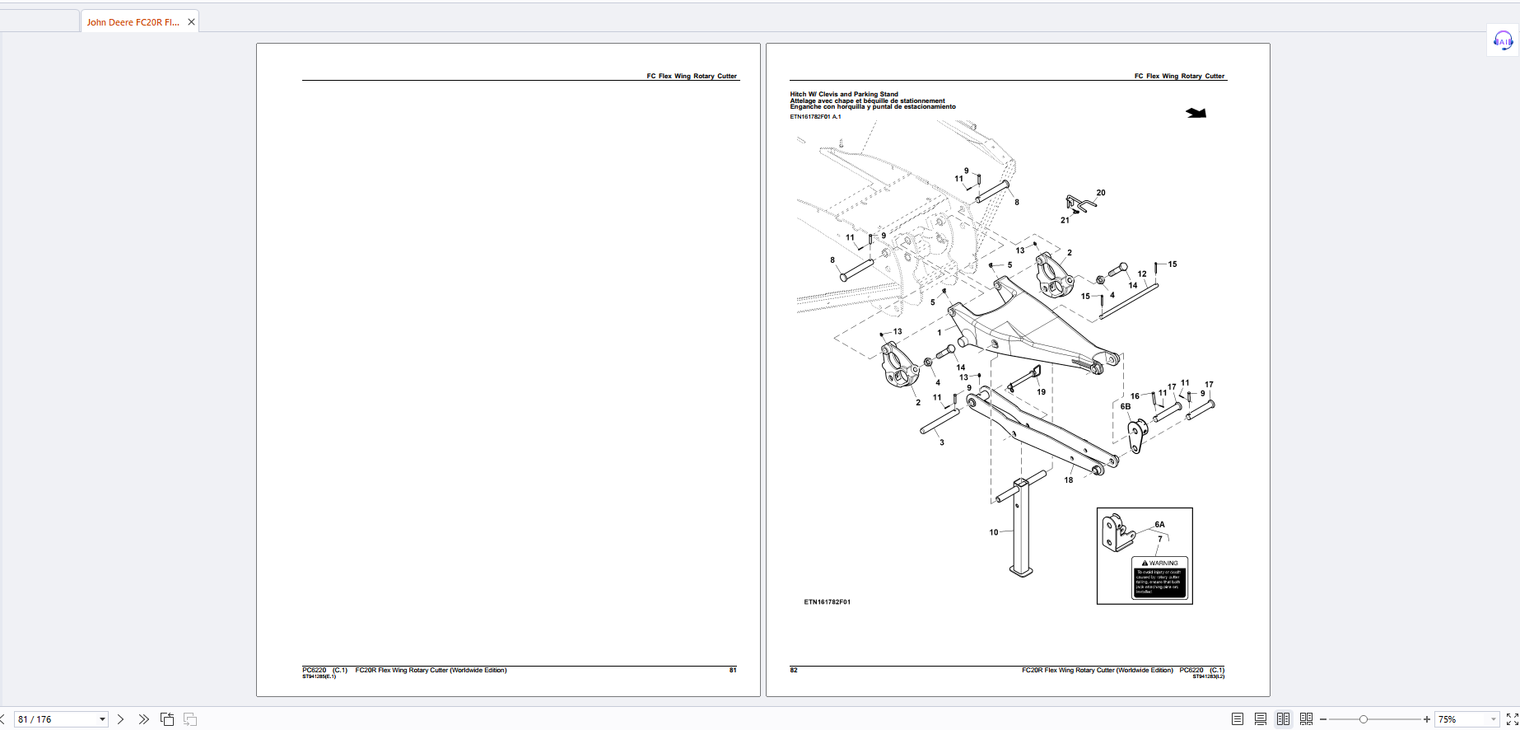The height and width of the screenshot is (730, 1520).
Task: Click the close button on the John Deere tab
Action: click(x=191, y=22)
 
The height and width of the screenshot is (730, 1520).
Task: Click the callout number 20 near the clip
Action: click(x=1101, y=193)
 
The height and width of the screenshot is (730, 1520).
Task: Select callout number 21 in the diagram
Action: click(x=1065, y=220)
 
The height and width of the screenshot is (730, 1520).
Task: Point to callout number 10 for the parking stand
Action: click(x=994, y=532)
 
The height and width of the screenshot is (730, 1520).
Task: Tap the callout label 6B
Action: click(x=1126, y=406)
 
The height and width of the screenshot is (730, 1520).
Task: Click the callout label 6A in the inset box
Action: click(x=1159, y=524)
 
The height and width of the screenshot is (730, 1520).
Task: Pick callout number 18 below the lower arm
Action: click(x=1069, y=480)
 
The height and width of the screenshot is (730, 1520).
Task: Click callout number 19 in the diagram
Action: click(x=1042, y=392)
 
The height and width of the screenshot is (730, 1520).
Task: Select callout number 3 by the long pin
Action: click(x=942, y=442)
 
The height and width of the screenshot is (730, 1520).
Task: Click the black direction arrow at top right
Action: click(x=1196, y=113)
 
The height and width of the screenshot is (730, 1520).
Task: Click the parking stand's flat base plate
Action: click(x=1021, y=570)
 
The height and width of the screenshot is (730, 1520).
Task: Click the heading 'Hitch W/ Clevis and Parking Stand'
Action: click(x=844, y=94)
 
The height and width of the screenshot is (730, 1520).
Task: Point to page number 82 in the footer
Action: click(x=794, y=670)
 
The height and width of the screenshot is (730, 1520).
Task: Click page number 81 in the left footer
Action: click(x=733, y=670)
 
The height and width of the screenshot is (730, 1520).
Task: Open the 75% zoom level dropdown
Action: click(x=1493, y=719)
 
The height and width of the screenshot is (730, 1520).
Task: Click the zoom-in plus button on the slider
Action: click(x=1427, y=719)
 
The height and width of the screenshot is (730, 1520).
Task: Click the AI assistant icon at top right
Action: click(x=1503, y=40)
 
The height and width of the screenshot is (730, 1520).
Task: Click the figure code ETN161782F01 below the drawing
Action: click(x=827, y=602)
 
